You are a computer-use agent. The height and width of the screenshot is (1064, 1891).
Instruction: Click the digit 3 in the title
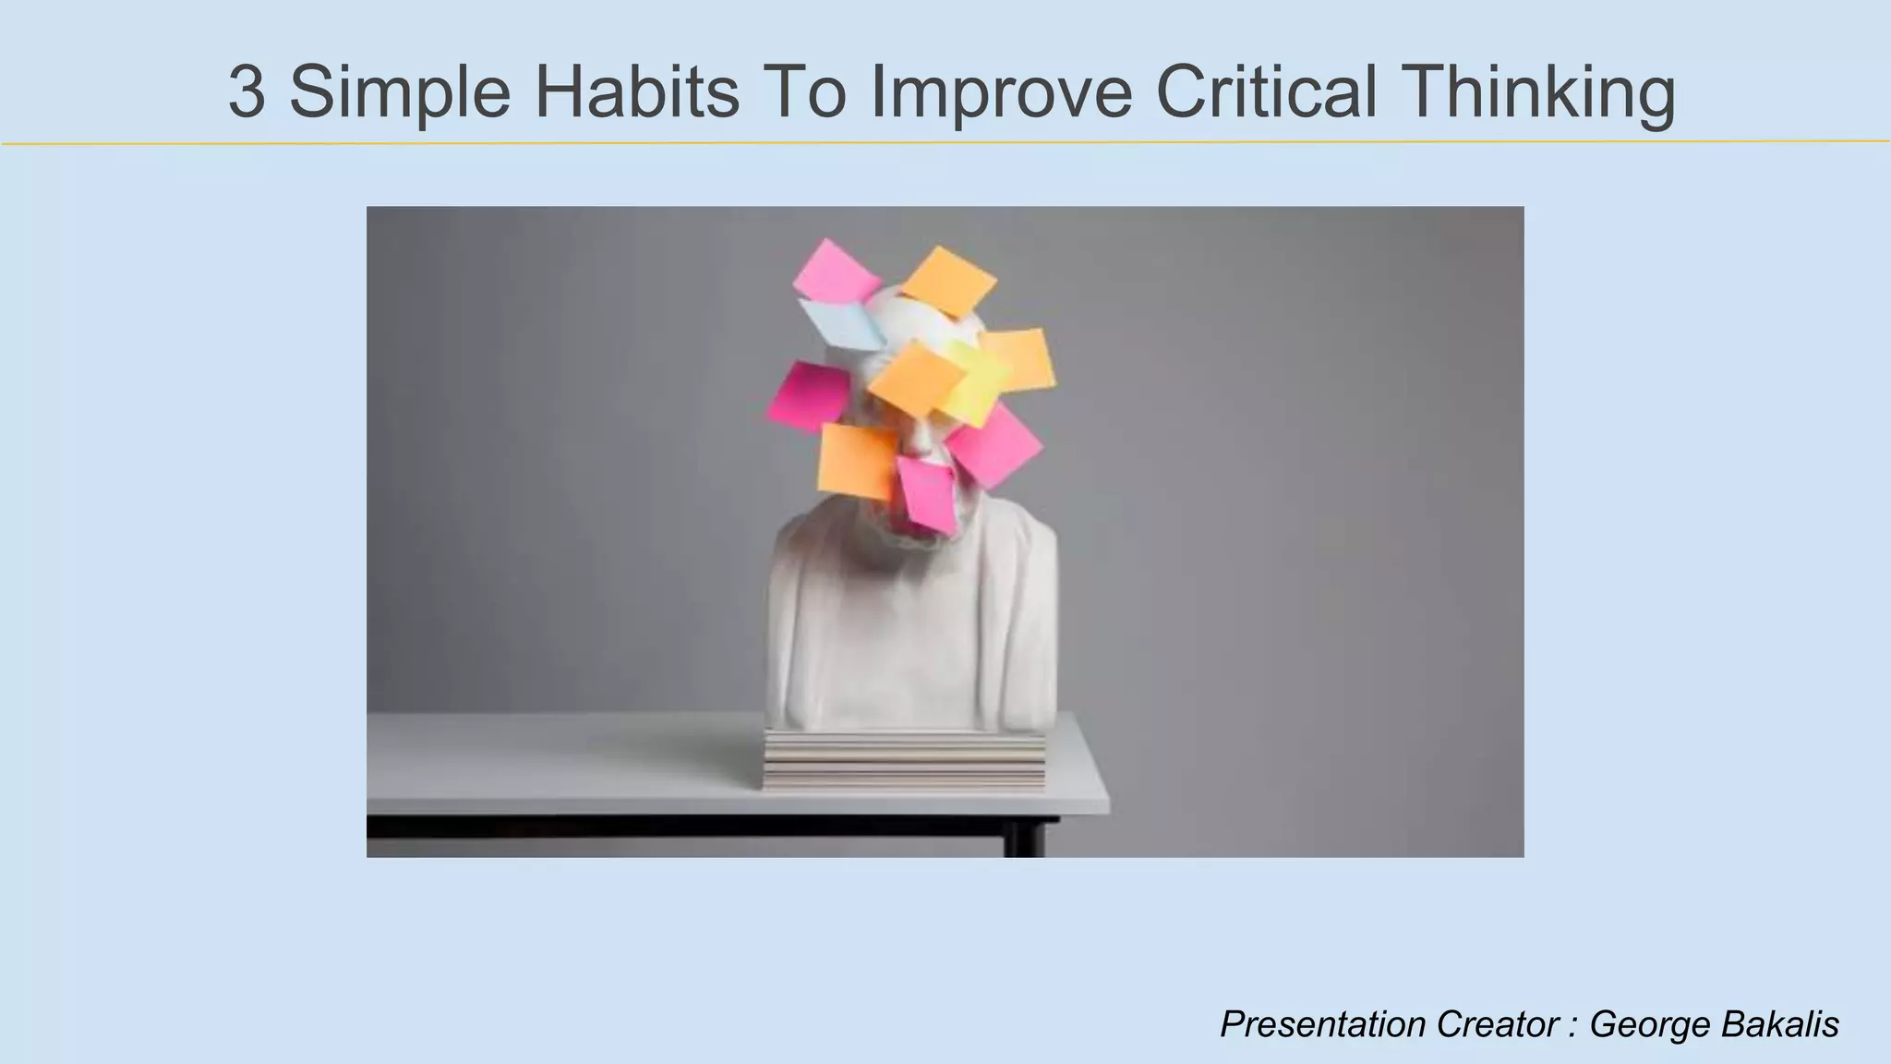(x=247, y=92)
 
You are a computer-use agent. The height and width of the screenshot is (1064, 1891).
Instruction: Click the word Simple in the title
(x=400, y=92)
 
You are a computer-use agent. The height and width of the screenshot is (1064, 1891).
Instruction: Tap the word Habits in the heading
(x=637, y=92)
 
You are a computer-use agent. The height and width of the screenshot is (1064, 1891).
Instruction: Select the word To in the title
(x=803, y=92)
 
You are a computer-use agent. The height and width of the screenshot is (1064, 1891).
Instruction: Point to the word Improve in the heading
(x=1002, y=92)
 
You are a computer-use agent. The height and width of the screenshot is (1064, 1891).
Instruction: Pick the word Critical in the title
(x=1267, y=92)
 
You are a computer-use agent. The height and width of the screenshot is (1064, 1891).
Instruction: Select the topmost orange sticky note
(x=948, y=279)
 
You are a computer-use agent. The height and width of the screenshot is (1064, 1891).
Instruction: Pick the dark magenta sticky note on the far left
(x=808, y=396)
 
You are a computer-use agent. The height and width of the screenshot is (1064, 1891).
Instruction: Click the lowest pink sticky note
(x=926, y=492)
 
